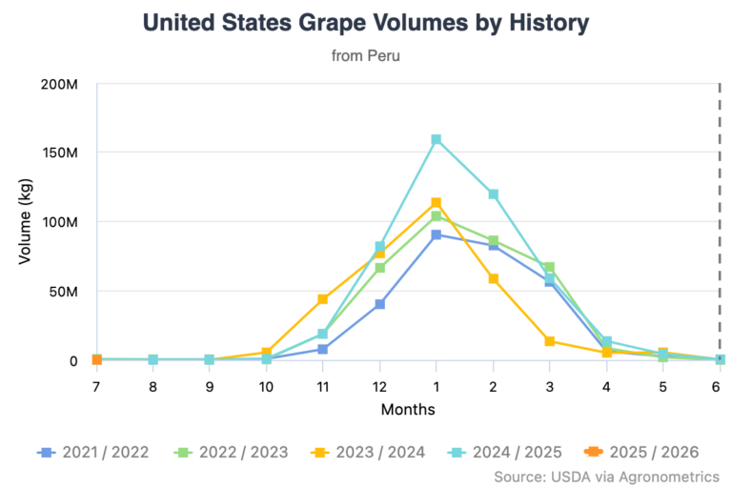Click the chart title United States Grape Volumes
[365, 24]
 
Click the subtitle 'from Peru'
[365, 55]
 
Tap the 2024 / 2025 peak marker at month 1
[436, 139]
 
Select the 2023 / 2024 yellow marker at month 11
[323, 299]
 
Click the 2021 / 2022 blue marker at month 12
[379, 304]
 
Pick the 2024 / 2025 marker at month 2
[493, 194]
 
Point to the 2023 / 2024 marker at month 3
[549, 341]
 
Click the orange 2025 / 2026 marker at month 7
[97, 359]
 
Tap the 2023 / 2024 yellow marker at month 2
[493, 278]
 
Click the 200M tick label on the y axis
[59, 84]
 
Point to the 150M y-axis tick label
[59, 152]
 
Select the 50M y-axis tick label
[63, 291]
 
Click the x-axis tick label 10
[266, 387]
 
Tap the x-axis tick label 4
[606, 387]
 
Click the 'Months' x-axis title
[408, 410]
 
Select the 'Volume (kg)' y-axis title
[25, 221]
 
